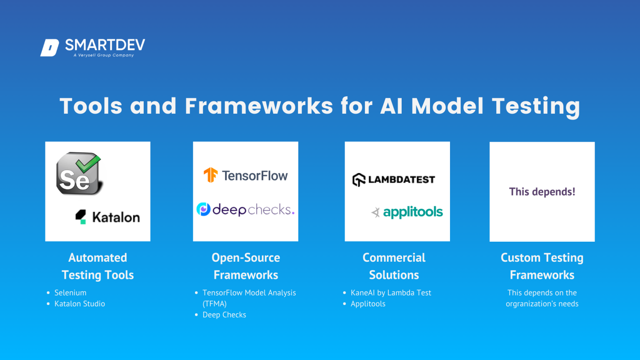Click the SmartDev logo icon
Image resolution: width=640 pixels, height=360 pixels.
50,47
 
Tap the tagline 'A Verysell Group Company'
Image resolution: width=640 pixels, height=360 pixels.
104,55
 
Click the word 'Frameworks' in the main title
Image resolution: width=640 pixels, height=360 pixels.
259,106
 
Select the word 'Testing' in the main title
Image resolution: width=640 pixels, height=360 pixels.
536,107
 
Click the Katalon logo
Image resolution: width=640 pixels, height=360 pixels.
107,217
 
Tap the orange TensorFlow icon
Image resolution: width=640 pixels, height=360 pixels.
210,175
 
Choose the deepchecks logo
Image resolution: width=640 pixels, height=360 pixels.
245,209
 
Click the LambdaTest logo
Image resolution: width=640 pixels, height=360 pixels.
394,180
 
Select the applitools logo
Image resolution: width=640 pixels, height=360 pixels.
407,212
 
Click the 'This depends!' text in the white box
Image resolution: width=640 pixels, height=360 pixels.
542,192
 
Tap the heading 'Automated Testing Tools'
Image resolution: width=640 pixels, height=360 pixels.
97,266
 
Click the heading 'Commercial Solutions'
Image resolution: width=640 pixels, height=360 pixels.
394,266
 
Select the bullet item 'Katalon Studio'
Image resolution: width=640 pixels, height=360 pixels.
80,304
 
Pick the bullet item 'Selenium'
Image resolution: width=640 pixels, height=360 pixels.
70,293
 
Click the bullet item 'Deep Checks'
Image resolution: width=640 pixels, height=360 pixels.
224,315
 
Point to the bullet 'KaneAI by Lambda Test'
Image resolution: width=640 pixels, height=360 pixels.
391,293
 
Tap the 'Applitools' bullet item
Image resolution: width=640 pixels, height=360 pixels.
368,304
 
